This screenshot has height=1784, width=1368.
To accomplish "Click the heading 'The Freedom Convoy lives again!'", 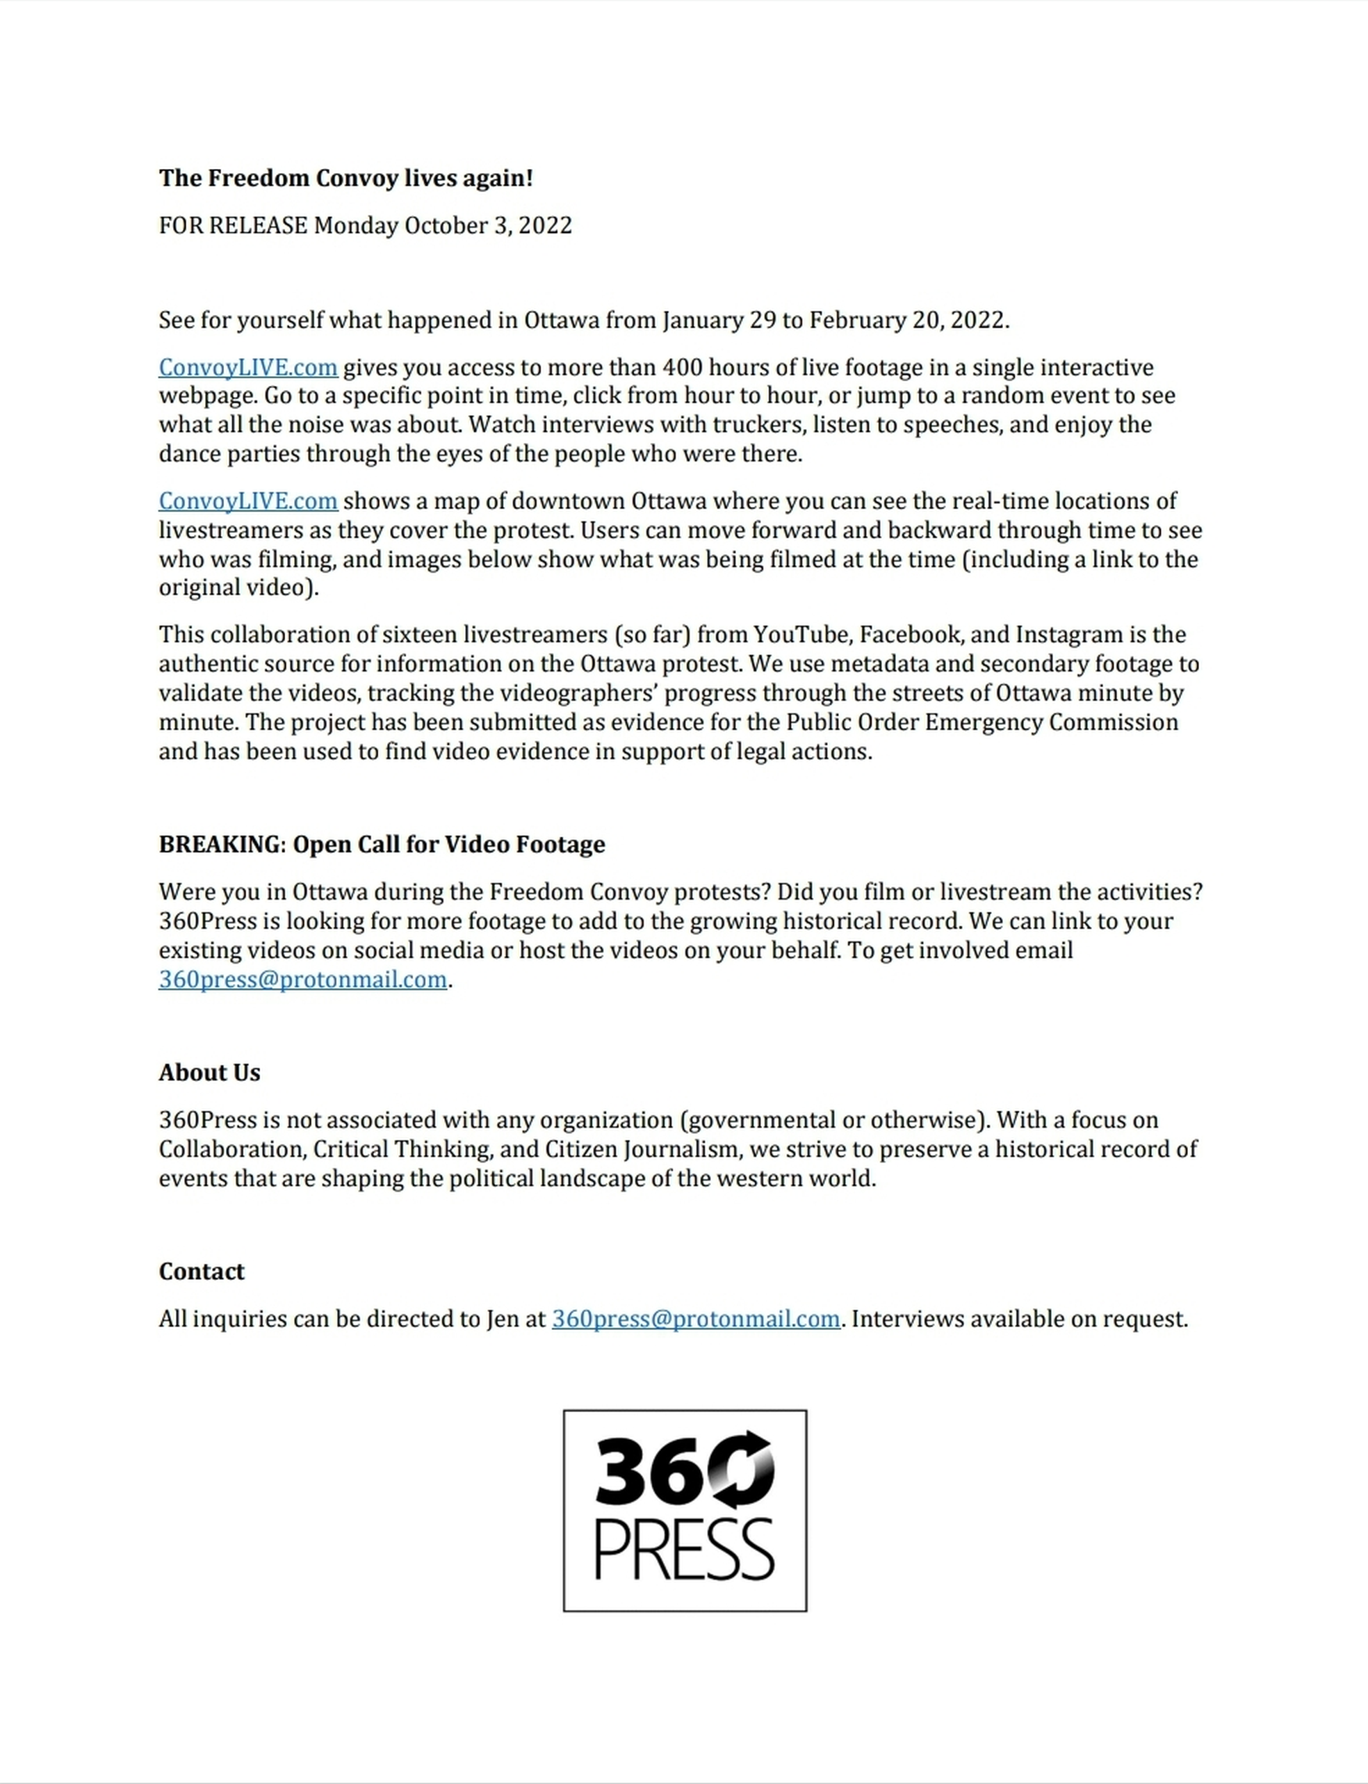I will (x=345, y=178).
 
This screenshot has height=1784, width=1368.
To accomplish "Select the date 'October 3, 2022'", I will (x=488, y=225).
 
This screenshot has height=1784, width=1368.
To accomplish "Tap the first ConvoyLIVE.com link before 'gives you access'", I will (x=247, y=367).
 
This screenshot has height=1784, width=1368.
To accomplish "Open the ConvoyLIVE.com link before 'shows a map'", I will (x=247, y=501).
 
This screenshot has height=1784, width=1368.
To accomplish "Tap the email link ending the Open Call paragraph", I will (x=303, y=980).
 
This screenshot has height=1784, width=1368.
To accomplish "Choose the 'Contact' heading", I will (x=201, y=1271).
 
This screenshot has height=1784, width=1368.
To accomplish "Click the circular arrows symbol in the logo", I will (x=741, y=1470).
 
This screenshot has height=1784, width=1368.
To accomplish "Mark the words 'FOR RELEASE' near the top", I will (x=233, y=225).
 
